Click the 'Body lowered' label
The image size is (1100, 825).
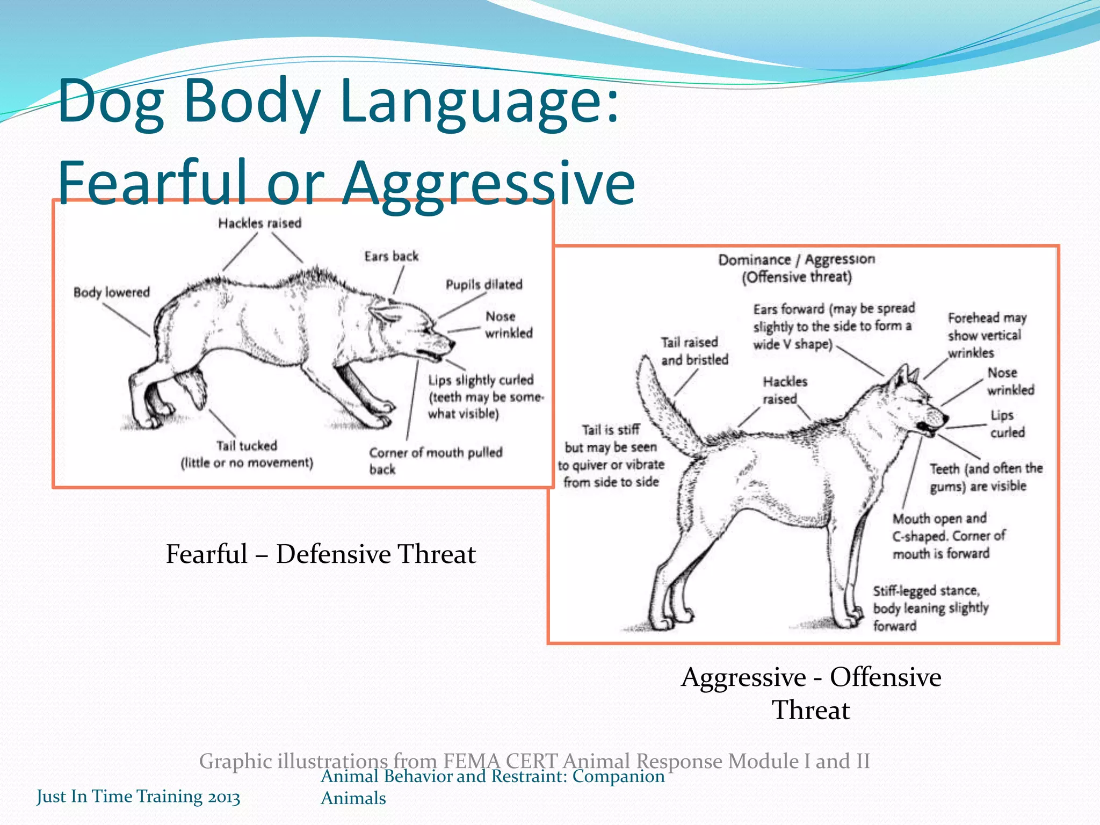point(112,293)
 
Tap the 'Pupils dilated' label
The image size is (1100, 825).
point(484,285)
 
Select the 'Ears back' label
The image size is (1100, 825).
point(391,256)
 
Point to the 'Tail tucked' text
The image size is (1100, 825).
point(247,446)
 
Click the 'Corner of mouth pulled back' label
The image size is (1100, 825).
point(435,460)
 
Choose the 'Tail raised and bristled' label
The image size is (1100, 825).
point(694,351)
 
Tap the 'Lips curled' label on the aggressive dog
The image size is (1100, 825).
point(1007,424)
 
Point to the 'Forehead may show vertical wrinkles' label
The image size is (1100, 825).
point(986,335)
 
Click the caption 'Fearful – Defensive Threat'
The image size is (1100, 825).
point(321,554)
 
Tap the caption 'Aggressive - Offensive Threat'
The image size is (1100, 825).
point(811,693)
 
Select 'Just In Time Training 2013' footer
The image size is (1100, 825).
point(138,796)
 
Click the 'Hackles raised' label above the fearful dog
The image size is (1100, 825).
point(259,223)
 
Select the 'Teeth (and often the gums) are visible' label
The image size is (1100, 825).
point(986,477)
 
